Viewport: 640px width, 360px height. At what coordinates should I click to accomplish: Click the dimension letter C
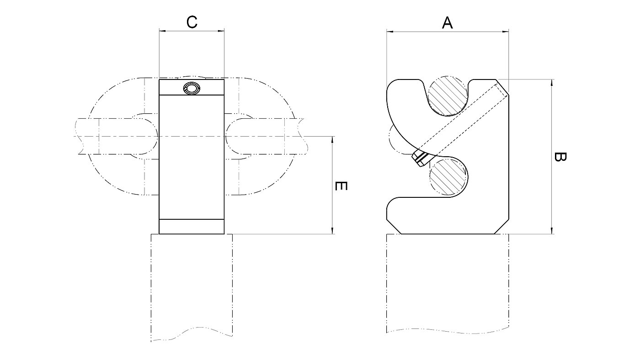coord(192,22)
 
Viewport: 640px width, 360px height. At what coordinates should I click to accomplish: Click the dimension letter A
coord(448,22)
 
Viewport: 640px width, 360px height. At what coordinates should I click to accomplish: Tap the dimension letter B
coord(560,157)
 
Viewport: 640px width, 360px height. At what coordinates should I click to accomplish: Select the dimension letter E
coord(341,186)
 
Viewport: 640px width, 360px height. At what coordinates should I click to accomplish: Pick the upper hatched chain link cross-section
coord(448,95)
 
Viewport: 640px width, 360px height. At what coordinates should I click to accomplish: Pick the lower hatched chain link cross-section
coord(448,177)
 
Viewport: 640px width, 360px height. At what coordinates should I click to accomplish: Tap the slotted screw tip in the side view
coord(420,159)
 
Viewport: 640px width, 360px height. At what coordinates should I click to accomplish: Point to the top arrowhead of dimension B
coord(552,83)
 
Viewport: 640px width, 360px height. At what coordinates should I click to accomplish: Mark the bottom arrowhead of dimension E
coord(332,231)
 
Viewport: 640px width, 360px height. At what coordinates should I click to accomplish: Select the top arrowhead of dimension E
coord(332,140)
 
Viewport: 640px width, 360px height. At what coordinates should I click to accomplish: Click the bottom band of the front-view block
coord(192,227)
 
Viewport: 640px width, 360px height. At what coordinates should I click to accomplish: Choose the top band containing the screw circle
coord(192,87)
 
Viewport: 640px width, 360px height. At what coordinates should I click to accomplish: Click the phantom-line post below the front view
coord(192,287)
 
